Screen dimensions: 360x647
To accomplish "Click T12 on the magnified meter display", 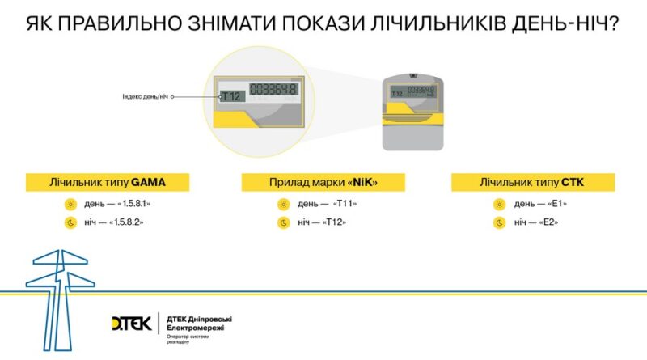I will tap(232, 95).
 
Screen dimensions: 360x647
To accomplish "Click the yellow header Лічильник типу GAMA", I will tap(108, 182).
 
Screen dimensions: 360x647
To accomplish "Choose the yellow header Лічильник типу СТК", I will tap(538, 182).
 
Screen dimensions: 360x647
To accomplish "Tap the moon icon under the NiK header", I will tap(284, 222).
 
